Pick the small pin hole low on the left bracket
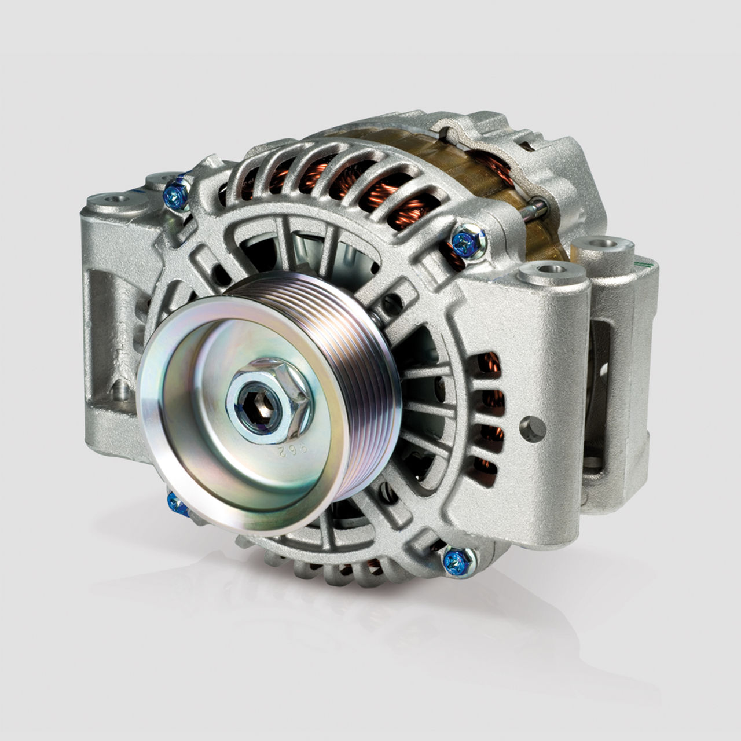(122, 387)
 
